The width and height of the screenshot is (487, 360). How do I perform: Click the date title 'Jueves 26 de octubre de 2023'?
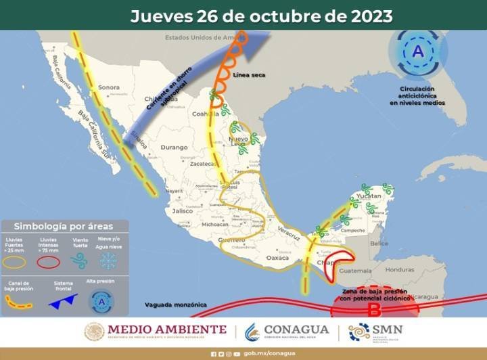click(x=261, y=15)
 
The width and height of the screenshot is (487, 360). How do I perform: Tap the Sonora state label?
click(x=109, y=87)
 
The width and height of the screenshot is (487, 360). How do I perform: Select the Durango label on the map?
click(x=173, y=147)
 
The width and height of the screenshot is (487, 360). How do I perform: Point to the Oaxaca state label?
click(x=278, y=258)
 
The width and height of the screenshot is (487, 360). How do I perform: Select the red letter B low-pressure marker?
click(x=373, y=310)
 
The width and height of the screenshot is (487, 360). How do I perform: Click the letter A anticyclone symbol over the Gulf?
click(x=418, y=51)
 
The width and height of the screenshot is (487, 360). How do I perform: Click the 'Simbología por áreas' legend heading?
click(x=64, y=226)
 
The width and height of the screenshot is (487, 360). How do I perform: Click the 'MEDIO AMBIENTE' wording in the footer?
click(x=167, y=330)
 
